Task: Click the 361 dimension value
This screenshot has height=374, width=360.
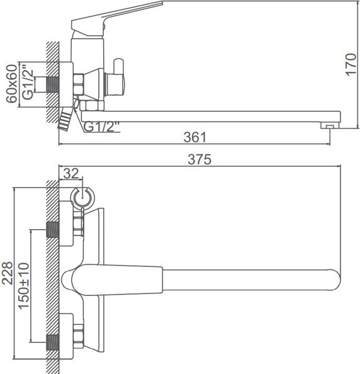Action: tap(194, 137)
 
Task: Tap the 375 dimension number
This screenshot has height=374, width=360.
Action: tap(200, 159)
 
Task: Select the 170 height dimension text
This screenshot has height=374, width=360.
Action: tap(351, 65)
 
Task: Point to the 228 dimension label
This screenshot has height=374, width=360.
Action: tap(7, 273)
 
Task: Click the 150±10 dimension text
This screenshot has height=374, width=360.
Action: tap(24, 286)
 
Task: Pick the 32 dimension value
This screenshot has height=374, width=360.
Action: tap(71, 174)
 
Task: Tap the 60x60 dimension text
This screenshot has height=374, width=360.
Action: tap(12, 84)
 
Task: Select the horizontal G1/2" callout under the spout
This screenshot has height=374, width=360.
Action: tap(102, 127)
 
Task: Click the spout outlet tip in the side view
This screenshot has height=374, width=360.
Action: tap(330, 125)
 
